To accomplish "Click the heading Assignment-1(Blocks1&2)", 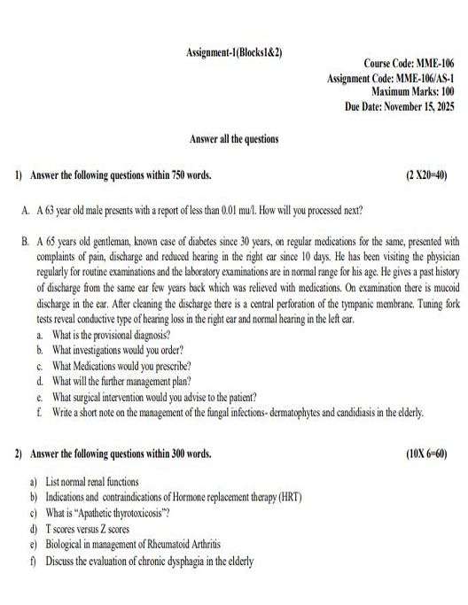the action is click(234, 51).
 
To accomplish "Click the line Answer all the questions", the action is click(234, 139).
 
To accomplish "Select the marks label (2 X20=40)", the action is click(430, 175).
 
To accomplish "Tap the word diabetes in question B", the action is click(192, 240).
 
